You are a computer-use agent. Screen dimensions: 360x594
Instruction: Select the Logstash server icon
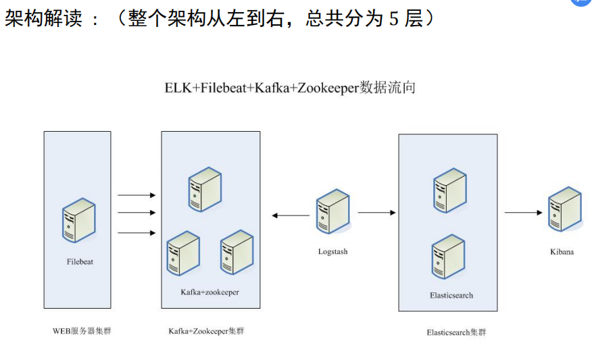pos(333,211)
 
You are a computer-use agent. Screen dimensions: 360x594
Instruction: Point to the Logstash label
pos(332,251)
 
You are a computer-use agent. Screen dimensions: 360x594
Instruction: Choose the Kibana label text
pos(562,252)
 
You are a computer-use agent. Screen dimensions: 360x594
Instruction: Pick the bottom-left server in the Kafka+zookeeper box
pos(183,253)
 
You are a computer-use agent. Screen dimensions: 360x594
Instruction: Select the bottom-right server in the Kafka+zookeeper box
pos(237,253)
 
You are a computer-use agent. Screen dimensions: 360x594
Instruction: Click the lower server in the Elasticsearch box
pos(449,257)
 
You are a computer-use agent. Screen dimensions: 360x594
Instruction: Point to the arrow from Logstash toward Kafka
pos(291,216)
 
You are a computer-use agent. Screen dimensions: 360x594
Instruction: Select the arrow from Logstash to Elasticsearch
pos(376,213)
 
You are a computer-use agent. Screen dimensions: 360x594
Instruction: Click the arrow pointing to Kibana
pos(524,213)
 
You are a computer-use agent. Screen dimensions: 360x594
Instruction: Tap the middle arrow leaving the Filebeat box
pos(137,213)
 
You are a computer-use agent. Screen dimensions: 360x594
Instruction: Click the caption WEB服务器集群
pos(78,331)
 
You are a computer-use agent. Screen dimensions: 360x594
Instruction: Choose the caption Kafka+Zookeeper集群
pos(207,331)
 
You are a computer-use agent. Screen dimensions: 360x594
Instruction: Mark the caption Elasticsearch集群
pos(456,332)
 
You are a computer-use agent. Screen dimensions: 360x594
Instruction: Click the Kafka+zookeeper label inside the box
pos(209,292)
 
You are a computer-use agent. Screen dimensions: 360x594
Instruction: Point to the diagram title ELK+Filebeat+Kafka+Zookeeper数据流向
pos(290,88)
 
